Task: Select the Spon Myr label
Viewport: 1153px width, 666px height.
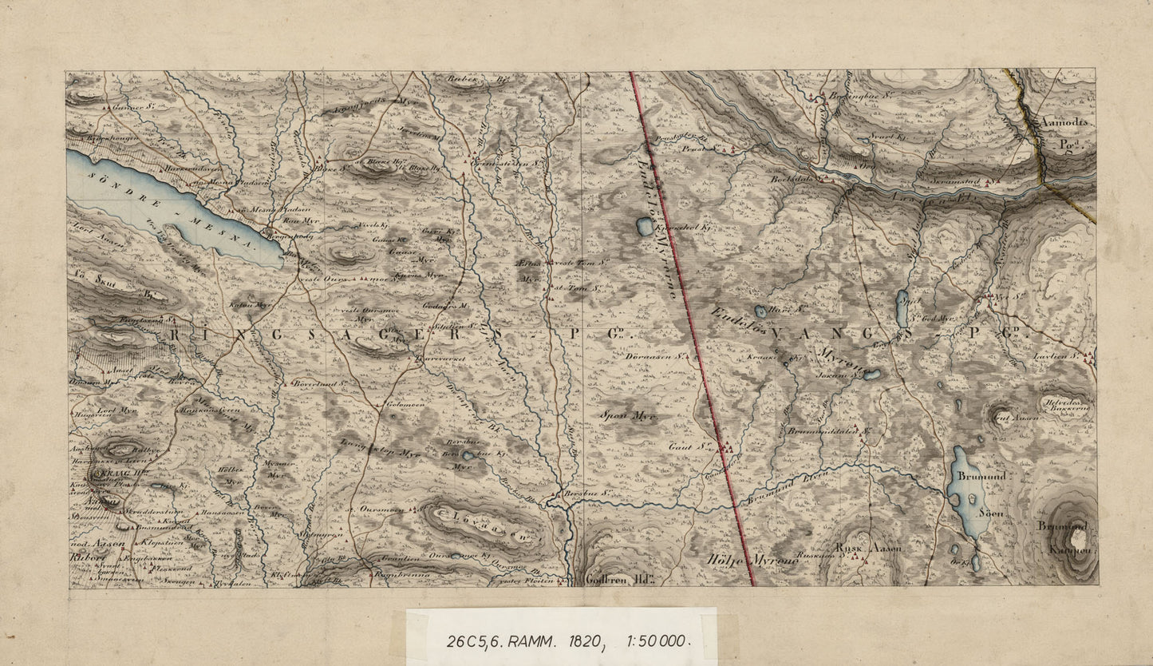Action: coord(629,416)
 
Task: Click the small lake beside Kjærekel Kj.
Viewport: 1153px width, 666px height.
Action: coord(644,227)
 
